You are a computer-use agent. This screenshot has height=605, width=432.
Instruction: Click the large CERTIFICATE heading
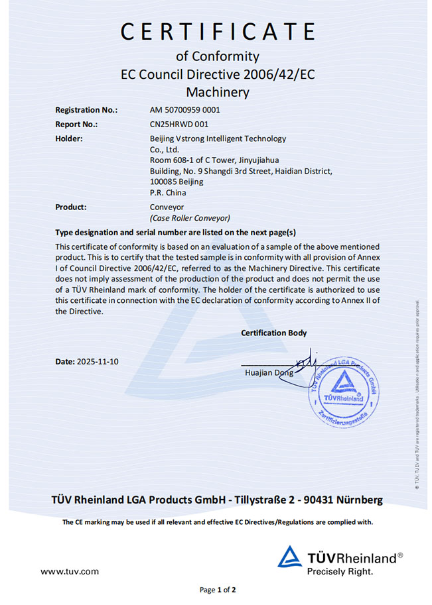[x=217, y=31]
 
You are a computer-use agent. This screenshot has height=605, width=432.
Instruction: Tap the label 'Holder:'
[x=69, y=138]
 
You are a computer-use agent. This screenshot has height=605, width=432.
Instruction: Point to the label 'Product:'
[x=71, y=207]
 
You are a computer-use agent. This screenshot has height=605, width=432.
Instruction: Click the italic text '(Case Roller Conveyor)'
[x=190, y=217]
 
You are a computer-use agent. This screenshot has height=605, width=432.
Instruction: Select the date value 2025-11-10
[x=98, y=362]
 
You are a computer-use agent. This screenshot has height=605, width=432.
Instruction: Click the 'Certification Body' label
[x=274, y=333]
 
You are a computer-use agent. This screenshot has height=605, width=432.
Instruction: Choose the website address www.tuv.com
[x=70, y=571]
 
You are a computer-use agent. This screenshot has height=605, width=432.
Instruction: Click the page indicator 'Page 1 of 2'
[x=218, y=589]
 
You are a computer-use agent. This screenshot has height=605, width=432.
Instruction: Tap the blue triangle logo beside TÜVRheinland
[x=289, y=557]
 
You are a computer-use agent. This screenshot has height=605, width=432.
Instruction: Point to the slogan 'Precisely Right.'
[x=340, y=570]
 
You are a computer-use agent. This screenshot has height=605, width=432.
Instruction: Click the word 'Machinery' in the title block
[x=217, y=91]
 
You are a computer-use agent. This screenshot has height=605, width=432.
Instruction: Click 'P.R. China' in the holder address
[x=169, y=193]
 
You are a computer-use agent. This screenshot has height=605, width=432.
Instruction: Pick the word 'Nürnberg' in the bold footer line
[x=359, y=499]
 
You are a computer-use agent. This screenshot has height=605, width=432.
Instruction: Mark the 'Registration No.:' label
[x=86, y=110]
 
